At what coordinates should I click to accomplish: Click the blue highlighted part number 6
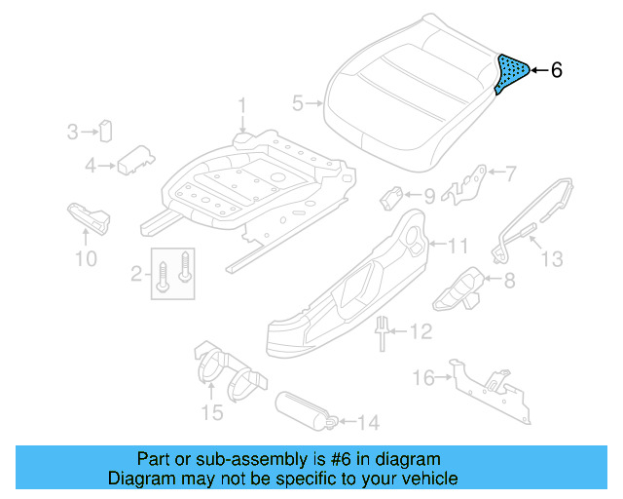pos(511,73)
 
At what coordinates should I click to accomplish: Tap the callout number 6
pos(556,70)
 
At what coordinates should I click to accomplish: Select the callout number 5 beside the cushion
pos(298,101)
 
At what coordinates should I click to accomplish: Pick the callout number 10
pos(86,258)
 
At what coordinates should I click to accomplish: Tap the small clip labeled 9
pos(394,195)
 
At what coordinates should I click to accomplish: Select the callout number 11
pos(458,245)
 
